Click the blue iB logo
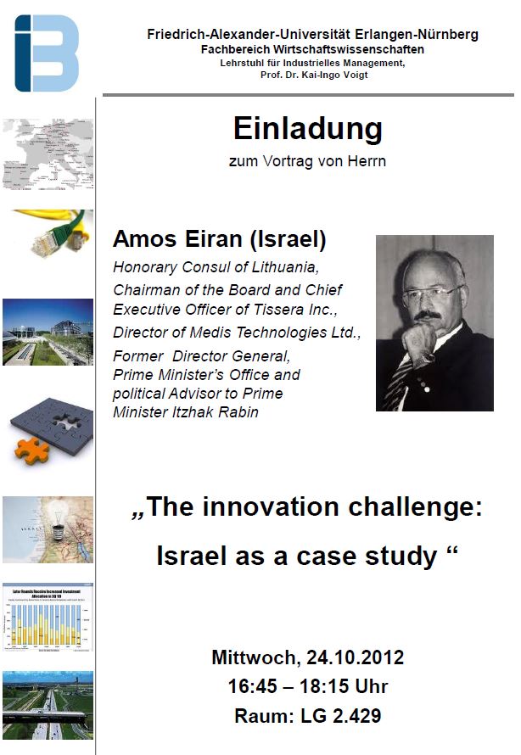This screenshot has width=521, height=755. coord(47,53)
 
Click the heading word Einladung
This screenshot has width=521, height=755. coord(308,129)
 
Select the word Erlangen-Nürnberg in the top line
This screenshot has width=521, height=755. coord(417,35)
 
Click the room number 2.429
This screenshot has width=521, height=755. coord(356,715)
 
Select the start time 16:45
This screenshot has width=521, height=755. coord(252,686)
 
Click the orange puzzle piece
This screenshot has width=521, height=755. coord(31,451)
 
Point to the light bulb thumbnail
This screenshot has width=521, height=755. coord(48,529)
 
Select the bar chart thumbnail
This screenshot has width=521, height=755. coord(48,618)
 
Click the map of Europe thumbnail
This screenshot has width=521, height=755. coord(48,154)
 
